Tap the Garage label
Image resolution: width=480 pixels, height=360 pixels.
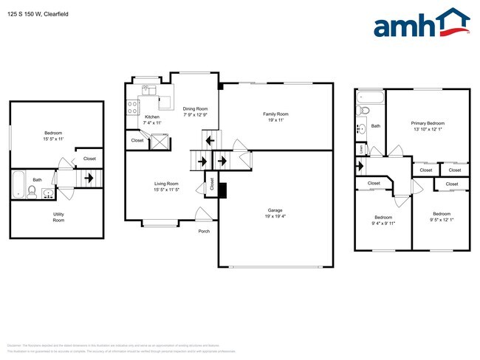point(275,212)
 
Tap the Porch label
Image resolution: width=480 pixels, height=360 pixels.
point(204,231)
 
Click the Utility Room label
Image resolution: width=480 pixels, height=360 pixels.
point(58,218)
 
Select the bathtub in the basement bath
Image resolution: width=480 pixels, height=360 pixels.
point(18,184)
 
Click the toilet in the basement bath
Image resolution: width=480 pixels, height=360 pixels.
point(32,191)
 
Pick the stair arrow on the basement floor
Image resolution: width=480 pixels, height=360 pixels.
point(88,178)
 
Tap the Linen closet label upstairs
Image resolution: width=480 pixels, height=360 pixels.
point(360,148)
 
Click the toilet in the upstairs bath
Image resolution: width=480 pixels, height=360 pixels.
point(363,111)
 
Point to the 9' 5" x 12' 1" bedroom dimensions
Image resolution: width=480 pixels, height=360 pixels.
point(441,220)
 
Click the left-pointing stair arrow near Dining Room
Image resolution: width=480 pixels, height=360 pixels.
point(209,139)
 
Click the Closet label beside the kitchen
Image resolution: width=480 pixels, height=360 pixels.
point(137,140)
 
